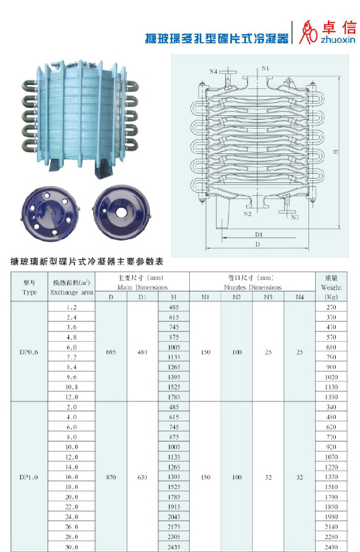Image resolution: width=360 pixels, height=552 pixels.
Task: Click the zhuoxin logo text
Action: (338, 40)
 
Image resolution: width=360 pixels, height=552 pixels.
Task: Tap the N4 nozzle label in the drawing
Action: (213, 72)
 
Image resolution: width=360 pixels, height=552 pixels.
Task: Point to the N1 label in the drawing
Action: (265, 68)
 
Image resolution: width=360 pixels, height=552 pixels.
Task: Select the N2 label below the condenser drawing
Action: (247, 214)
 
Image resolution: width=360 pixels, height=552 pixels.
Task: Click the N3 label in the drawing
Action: (295, 217)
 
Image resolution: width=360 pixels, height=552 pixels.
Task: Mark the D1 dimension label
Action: (259, 234)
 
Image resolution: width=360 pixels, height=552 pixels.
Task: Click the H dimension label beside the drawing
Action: (336, 151)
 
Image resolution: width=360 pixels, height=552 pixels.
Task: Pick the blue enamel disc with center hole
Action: (122, 212)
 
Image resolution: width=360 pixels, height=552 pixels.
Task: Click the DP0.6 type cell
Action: (29, 352)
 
